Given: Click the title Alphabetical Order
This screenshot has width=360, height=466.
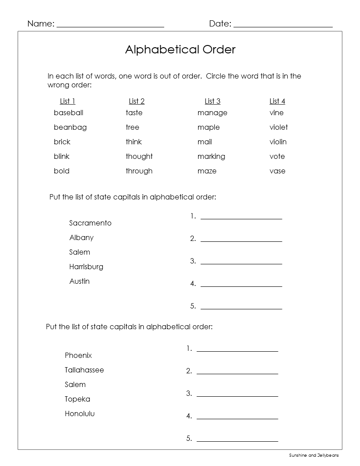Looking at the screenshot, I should [x=180, y=49].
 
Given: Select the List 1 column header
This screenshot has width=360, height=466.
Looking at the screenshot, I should [x=67, y=101].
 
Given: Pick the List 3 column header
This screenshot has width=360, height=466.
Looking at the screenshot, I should [x=212, y=101].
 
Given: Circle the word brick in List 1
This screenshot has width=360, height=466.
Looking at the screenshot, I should [x=62, y=142].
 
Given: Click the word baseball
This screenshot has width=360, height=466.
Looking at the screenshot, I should [x=68, y=113].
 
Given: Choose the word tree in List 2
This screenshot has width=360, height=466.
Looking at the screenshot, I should [x=132, y=128].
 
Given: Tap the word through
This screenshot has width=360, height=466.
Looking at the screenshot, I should [x=139, y=171].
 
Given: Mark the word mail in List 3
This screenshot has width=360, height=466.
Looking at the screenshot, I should [x=205, y=142].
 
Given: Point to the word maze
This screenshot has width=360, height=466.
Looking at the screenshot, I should [x=207, y=171].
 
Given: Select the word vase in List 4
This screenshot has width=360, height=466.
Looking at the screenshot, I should [x=277, y=171].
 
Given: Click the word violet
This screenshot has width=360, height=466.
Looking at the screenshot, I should [x=278, y=128].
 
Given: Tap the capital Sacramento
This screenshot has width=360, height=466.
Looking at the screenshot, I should [x=90, y=223].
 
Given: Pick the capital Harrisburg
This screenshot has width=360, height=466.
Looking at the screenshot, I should [x=86, y=267].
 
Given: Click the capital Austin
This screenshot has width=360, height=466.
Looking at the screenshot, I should [x=79, y=282].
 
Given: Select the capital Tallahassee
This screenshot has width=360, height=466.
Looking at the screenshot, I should [x=84, y=370].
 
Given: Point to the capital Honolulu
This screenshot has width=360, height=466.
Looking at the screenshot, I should [x=79, y=414].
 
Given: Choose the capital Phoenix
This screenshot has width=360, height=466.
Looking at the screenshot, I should [x=78, y=356].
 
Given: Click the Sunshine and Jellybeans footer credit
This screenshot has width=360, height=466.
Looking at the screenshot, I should [x=314, y=455].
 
